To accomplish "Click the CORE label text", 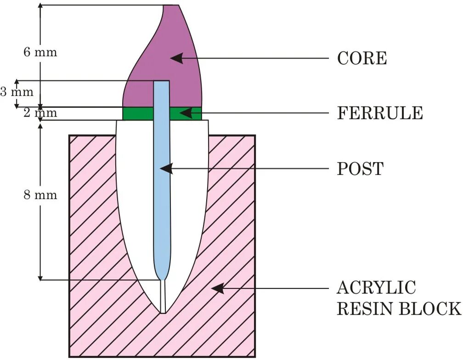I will pyautogui.click(x=361, y=58).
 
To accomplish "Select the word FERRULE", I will pyautogui.click(x=380, y=113).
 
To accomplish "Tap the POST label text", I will pyautogui.click(x=360, y=169).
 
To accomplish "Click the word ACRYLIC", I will pyautogui.click(x=376, y=288).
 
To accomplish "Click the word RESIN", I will pyautogui.click(x=364, y=308).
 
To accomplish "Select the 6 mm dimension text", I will pyautogui.click(x=40, y=52).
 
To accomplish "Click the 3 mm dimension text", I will pyautogui.click(x=17, y=92).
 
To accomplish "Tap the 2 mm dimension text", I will pyautogui.click(x=40, y=113).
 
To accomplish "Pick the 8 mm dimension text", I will pyautogui.click(x=40, y=195).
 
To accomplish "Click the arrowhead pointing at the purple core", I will pyautogui.click(x=176, y=58).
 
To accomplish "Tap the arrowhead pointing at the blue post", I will pyautogui.click(x=166, y=169).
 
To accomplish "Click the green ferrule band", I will pyautogui.click(x=138, y=113).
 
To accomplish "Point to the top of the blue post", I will pyautogui.click(x=161, y=83).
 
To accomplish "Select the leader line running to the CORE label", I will pyautogui.click(x=257, y=58).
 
